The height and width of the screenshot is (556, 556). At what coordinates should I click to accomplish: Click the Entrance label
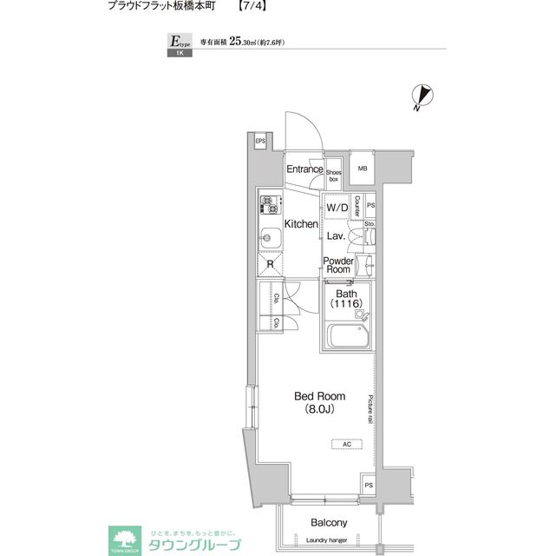[304, 169]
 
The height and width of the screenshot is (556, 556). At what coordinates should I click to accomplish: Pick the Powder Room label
[337, 265]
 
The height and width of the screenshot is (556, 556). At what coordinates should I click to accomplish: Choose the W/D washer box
[337, 208]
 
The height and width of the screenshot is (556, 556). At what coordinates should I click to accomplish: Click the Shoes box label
[333, 175]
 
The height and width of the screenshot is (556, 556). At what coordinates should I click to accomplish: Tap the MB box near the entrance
[363, 169]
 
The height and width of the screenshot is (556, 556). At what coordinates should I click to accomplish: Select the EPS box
[260, 142]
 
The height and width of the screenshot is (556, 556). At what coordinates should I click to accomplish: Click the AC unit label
[346, 444]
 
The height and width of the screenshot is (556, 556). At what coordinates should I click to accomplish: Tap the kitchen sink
[268, 235]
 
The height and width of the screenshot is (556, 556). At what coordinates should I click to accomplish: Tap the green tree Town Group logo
[121, 539]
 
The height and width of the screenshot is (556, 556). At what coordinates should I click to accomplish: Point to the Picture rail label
[370, 409]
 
